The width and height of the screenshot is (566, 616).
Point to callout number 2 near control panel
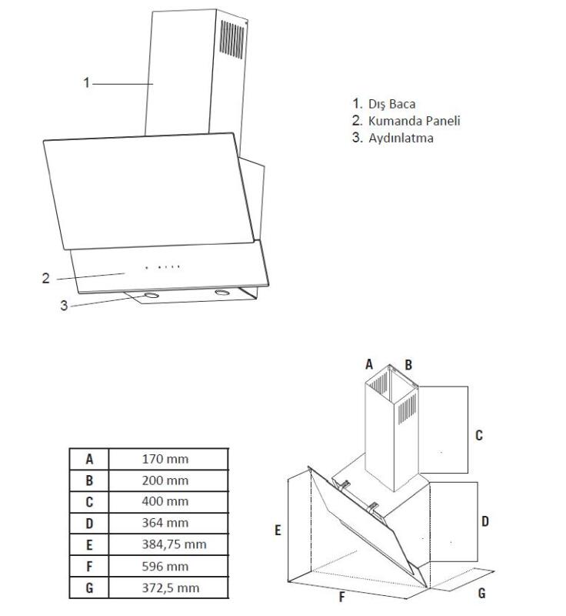coord(46,278)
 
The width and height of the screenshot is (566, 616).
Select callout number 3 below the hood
coord(65,305)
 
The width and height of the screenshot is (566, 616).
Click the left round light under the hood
coord(151,295)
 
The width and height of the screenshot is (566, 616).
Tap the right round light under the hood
coord(222,293)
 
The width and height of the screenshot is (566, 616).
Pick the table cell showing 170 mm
coord(165,460)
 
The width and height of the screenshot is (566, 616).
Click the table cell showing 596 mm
coord(165,567)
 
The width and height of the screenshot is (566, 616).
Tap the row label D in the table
coord(89,524)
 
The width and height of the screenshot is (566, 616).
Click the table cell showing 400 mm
coord(165,502)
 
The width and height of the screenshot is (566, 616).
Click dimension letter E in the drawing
coord(278,531)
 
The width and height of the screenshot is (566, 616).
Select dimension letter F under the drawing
coord(341,598)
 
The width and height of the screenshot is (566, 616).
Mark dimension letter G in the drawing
coord(481,594)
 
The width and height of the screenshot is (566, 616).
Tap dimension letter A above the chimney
coord(369,364)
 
